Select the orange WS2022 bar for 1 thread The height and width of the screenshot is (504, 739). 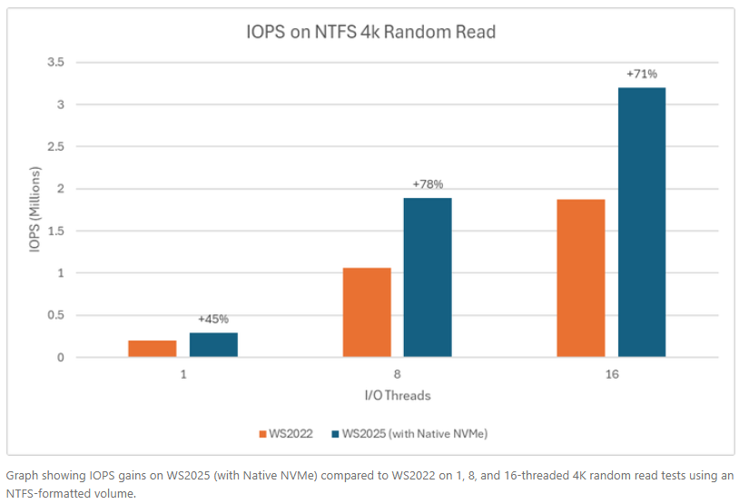[153, 349]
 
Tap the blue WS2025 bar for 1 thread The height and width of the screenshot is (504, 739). [213, 345]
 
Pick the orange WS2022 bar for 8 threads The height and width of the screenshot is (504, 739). [367, 312]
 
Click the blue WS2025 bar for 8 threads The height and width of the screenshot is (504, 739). [428, 277]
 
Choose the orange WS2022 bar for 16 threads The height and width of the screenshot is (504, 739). [581, 278]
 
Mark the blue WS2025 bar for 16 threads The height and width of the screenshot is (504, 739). [642, 222]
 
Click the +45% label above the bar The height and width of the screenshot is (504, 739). [213, 319]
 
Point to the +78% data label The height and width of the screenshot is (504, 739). [428, 184]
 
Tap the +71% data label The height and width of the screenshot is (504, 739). [642, 74]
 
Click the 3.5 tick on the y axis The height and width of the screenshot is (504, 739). [56, 63]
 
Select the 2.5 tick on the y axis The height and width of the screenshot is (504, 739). [56, 147]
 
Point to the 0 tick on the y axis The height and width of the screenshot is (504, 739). [60, 358]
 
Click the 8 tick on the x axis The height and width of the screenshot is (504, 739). [398, 375]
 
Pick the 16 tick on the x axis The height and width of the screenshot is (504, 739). [611, 375]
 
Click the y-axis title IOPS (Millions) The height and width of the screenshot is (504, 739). [35, 210]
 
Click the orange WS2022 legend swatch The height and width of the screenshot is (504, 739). [262, 434]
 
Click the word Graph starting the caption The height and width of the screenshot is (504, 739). [23, 475]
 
